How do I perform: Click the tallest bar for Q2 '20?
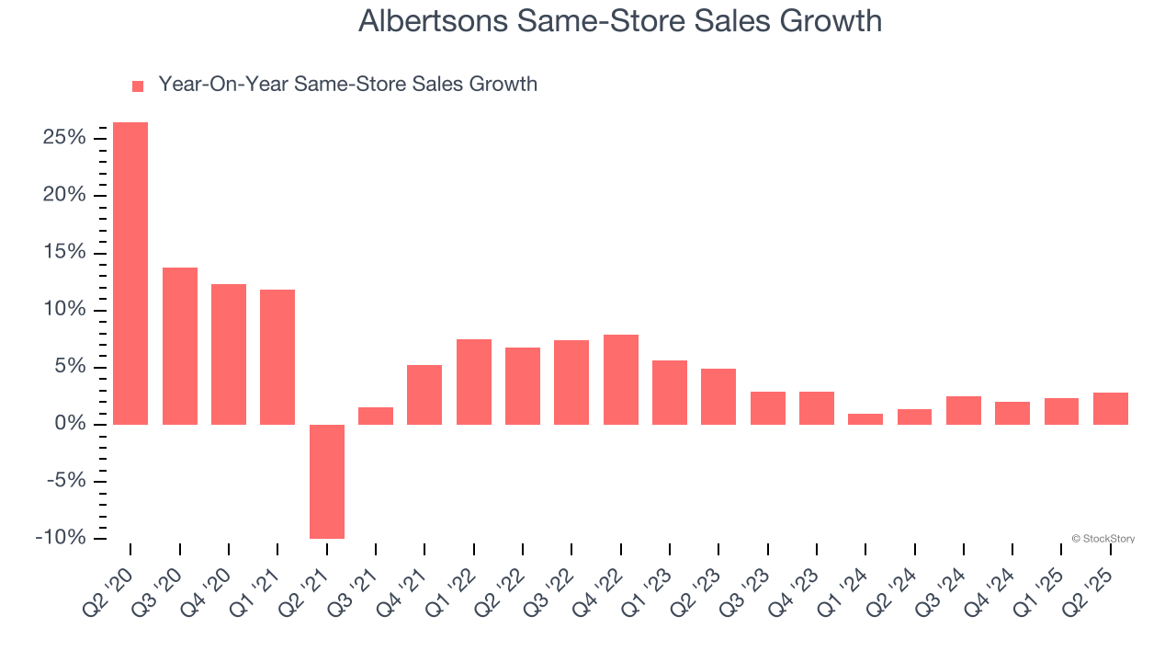click(x=130, y=273)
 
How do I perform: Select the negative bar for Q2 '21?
click(x=327, y=481)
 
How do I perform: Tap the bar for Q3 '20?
click(x=180, y=346)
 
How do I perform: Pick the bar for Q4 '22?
click(x=621, y=380)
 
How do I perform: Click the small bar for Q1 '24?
click(x=865, y=419)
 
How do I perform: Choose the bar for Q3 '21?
click(x=376, y=416)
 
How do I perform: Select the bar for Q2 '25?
click(x=1111, y=408)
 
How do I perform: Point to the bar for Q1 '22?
click(x=474, y=382)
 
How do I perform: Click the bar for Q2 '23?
click(x=718, y=396)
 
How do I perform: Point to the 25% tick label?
click(x=64, y=138)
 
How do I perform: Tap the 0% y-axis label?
click(x=71, y=424)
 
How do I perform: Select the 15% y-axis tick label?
click(x=64, y=253)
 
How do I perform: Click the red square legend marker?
click(x=138, y=86)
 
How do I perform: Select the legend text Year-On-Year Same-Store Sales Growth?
click(x=347, y=85)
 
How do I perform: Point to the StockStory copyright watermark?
click(x=1102, y=539)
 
